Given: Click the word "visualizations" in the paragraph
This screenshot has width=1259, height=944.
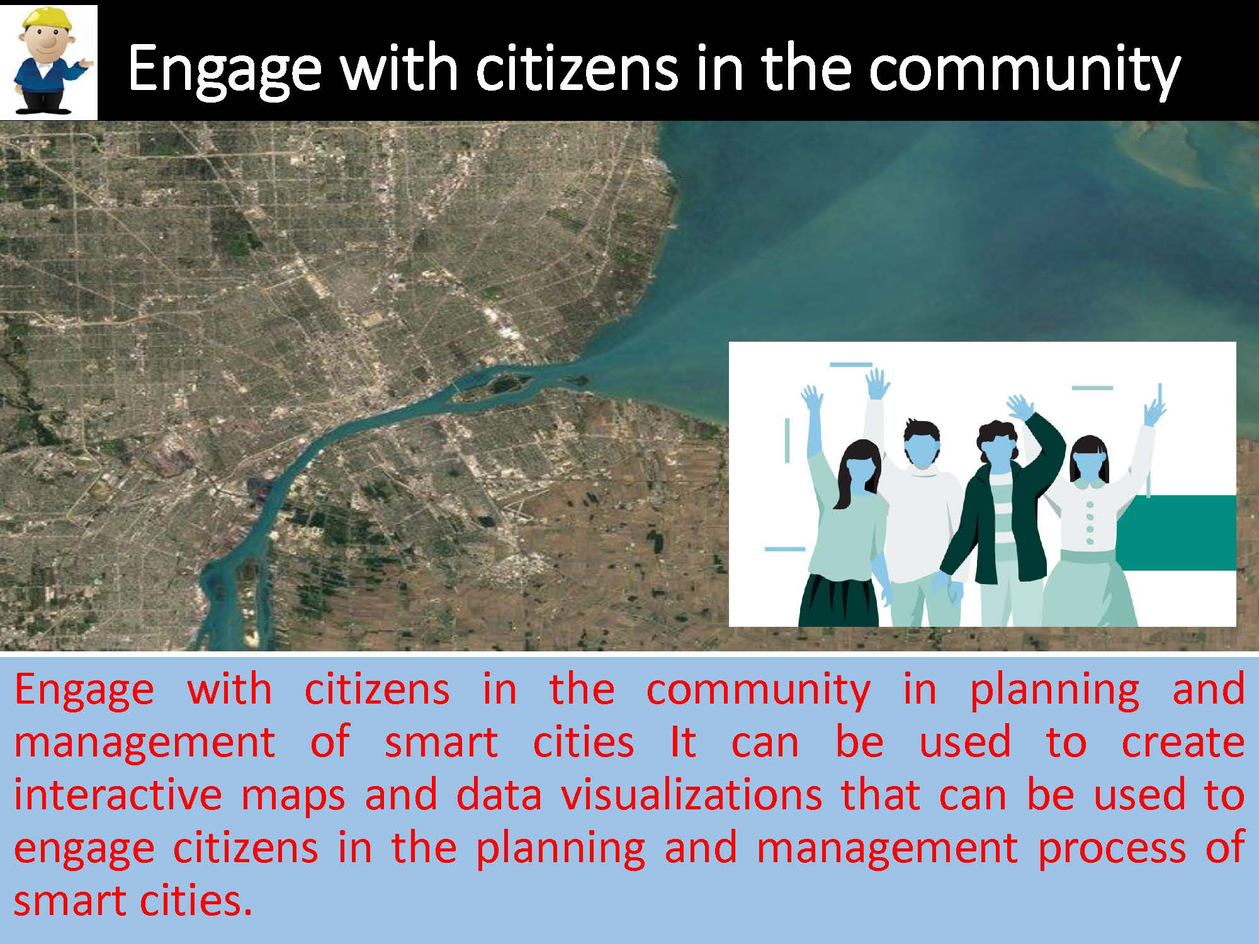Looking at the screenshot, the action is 691,794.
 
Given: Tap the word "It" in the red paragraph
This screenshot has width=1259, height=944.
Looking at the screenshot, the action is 682,741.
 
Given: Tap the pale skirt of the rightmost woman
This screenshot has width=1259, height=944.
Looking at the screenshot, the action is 1089,588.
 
